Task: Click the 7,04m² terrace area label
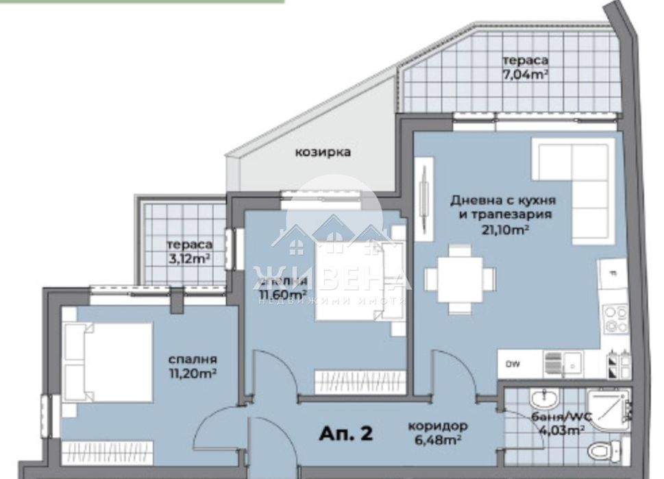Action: [524, 74]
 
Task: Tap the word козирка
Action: [322, 152]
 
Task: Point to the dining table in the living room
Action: [460, 278]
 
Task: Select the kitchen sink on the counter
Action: [563, 364]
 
